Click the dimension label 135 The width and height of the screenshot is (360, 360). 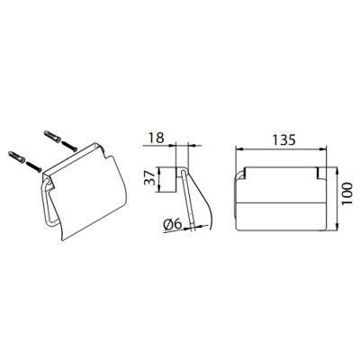click(283, 140)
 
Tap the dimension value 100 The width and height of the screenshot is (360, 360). click(347, 193)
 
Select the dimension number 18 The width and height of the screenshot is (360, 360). click(157, 138)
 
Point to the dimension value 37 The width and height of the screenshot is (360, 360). click(149, 177)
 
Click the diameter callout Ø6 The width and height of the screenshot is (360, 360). click(173, 224)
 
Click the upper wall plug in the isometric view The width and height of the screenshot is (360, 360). click(52, 136)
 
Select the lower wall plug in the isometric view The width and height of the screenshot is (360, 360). click(17, 157)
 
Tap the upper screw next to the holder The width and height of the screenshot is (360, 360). click(69, 147)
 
